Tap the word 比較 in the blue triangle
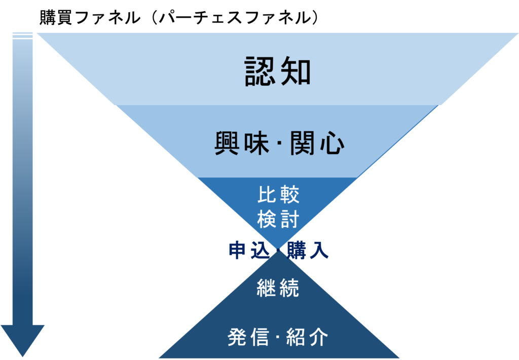278,195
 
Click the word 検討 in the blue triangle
278,220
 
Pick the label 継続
278,289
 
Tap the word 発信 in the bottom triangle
248,337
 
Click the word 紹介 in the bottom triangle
307,337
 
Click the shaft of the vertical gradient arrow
22,177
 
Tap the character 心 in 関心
332,144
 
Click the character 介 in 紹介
318,337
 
